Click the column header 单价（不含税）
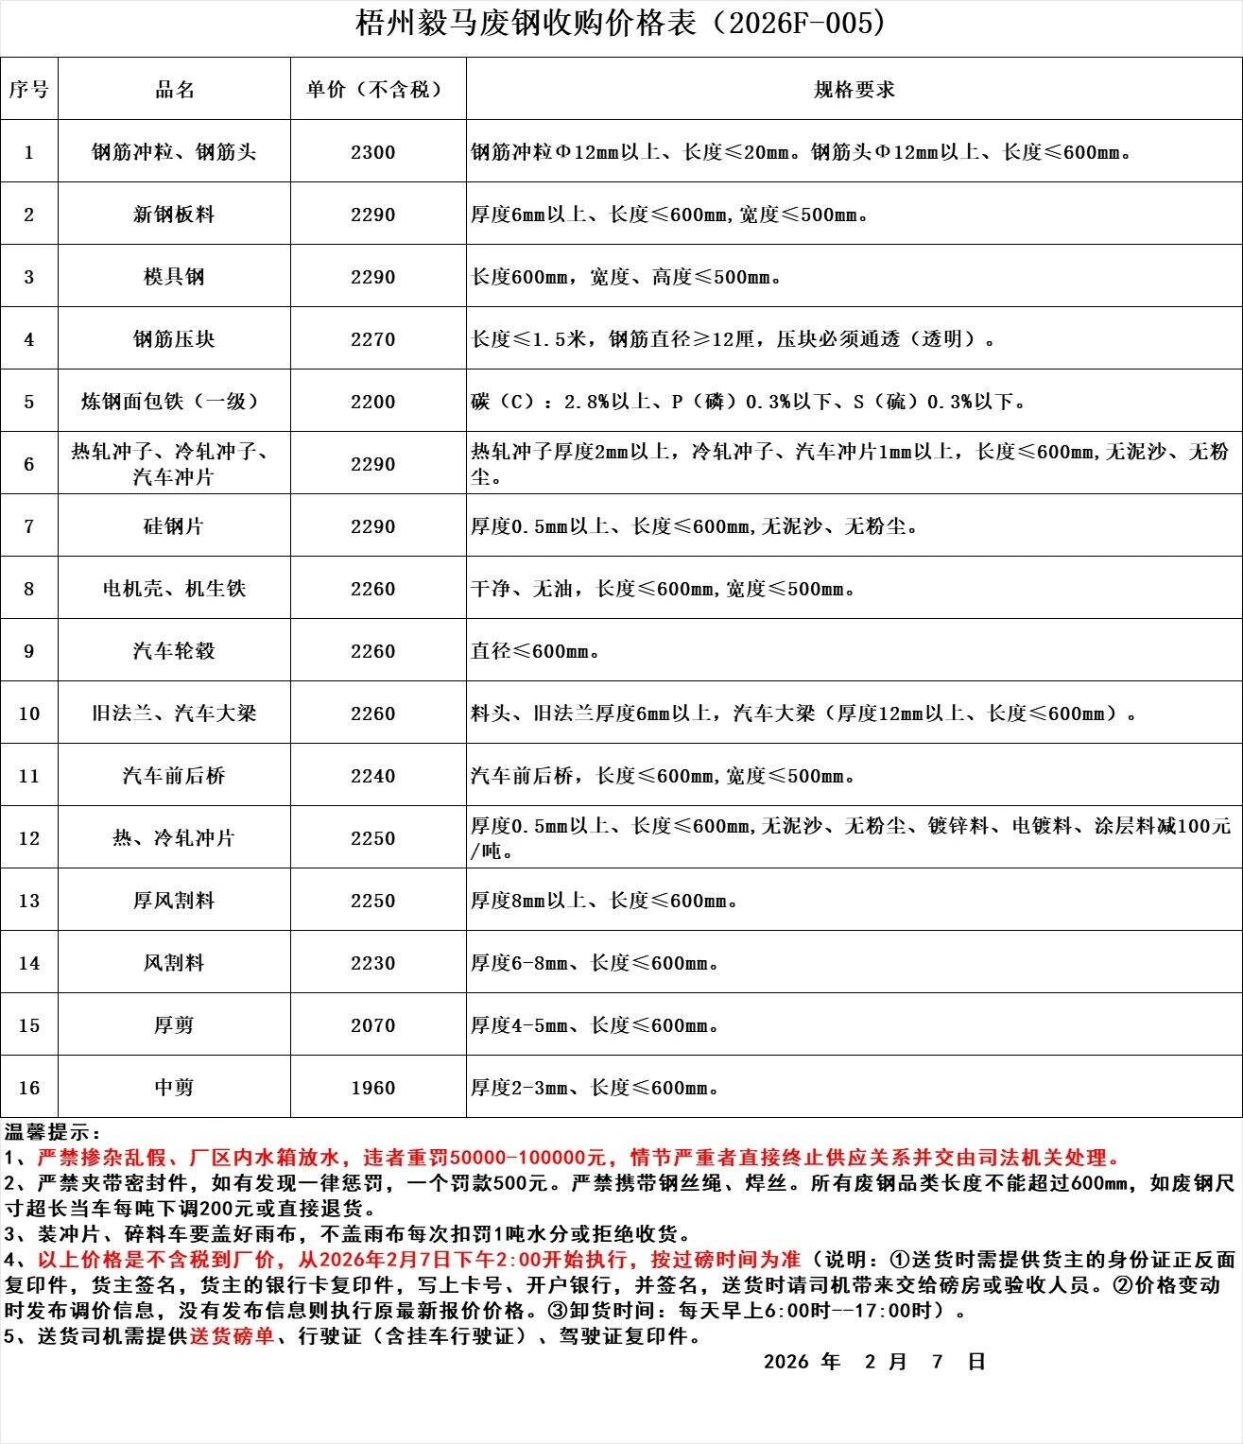(373, 90)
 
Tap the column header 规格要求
(854, 90)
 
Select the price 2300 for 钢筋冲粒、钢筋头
(373, 152)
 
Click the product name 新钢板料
(174, 215)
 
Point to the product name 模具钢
(174, 277)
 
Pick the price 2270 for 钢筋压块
(373, 339)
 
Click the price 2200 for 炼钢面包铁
(373, 402)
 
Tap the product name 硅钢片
(174, 526)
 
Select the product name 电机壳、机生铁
(174, 589)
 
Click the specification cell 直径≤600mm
(536, 651)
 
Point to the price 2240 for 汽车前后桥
(373, 776)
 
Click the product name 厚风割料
(174, 901)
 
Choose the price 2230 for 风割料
(373, 963)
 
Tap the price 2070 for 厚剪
(373, 1025)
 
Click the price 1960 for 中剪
(373, 1088)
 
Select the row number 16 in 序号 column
(29, 1088)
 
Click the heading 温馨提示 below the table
(52, 1132)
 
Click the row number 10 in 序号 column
(29, 713)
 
